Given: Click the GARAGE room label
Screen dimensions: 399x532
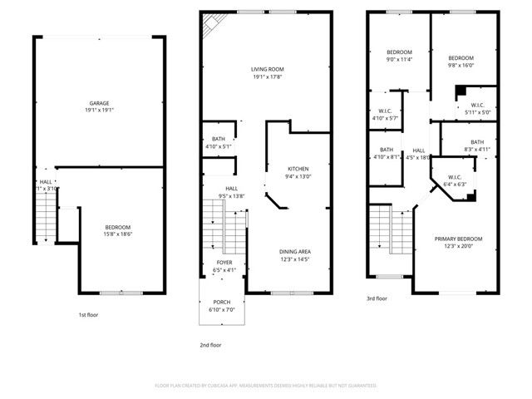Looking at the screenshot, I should point(99,103).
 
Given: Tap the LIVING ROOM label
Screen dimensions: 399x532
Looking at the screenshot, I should point(268,70).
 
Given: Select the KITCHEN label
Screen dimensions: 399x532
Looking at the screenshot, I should point(298,168).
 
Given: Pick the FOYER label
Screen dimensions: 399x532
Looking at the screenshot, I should point(224,262).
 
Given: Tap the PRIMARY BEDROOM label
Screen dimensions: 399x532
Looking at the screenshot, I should point(458,239).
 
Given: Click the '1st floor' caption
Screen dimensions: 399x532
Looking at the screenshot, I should point(89,315).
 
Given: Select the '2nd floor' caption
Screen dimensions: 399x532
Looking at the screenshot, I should point(210,344).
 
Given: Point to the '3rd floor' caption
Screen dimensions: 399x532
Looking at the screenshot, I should point(377,298).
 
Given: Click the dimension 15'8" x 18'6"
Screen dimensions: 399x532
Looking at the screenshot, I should point(117,234).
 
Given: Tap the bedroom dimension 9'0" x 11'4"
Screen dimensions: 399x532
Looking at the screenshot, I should point(399,59).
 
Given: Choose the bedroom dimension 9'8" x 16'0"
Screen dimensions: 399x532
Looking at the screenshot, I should point(460,65).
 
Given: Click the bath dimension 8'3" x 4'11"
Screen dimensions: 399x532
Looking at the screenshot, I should point(476,149).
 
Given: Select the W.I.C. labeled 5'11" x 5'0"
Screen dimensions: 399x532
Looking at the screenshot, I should point(478,112).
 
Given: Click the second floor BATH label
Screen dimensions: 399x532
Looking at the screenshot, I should point(218,139).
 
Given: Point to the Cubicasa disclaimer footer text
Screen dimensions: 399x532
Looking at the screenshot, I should point(266,386).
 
